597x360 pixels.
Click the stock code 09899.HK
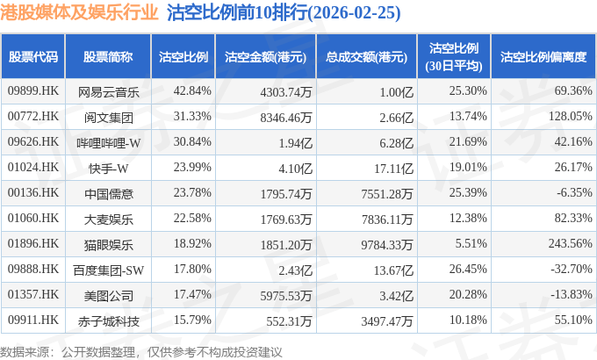coord(33,91)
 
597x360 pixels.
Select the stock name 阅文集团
coord(109,118)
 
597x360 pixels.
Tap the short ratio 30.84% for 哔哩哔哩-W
coord(192,141)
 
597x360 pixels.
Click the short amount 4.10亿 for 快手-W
coord(296,168)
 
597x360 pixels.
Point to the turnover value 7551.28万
coord(387,193)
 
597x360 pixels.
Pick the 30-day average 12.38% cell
coord(468,219)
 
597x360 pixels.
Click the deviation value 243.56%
coord(571,243)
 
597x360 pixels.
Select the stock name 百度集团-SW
coord(109,270)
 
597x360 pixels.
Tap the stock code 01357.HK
coord(33,294)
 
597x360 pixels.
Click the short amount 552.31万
coord(289,321)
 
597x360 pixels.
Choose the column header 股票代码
coord(33,57)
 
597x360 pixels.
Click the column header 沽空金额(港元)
coord(265,57)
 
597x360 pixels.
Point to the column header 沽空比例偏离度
coord(543,57)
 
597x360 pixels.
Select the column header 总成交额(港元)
coord(366,57)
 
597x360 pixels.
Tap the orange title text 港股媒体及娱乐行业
coord(79,12)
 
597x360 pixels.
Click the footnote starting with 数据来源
coord(140,352)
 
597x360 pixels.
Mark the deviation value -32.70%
coord(572,269)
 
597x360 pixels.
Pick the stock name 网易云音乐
coord(109,92)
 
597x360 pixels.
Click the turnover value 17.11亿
coord(393,168)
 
